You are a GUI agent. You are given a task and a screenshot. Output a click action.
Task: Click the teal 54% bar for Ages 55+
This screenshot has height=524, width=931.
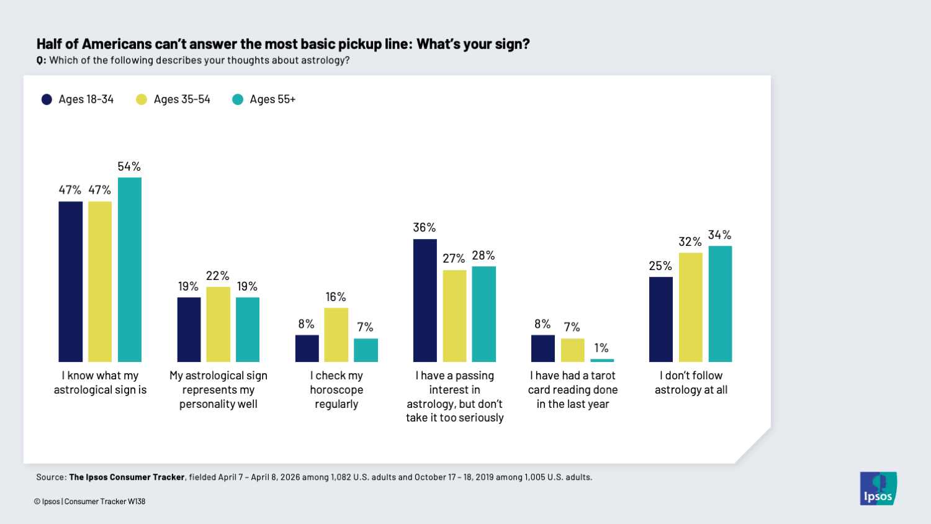point(130,269)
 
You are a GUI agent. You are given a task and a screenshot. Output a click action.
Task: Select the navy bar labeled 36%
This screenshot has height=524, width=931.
point(425,300)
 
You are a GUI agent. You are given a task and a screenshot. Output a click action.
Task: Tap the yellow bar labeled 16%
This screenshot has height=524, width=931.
point(336,335)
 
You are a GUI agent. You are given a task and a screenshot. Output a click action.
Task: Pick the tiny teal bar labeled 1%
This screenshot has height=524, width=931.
point(602,360)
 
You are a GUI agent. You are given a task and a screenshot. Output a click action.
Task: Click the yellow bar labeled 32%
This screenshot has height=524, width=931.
point(690,307)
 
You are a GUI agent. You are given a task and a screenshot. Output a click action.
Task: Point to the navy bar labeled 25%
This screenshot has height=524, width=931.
point(660,319)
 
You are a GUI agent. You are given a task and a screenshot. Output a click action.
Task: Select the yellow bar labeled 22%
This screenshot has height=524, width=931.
point(218,324)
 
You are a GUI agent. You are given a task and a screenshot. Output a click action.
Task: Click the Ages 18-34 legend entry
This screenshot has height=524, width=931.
point(78,99)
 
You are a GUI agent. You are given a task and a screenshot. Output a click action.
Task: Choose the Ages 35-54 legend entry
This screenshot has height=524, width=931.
point(173,99)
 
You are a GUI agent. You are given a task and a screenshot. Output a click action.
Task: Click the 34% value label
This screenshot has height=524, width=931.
point(719,235)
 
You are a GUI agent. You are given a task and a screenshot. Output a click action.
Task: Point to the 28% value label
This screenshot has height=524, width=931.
point(483,255)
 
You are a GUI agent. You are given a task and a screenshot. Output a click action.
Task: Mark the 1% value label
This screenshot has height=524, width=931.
point(601,348)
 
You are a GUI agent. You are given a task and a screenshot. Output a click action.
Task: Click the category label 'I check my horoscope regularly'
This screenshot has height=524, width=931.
point(336,390)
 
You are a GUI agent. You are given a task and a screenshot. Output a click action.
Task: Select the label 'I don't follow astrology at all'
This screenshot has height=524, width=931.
point(691,382)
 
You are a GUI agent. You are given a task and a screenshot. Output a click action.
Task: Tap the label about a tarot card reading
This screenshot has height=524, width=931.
point(572,390)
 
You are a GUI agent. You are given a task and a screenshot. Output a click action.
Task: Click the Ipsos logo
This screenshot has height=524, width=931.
point(878,488)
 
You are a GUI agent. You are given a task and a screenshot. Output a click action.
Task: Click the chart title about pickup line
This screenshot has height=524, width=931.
point(283,44)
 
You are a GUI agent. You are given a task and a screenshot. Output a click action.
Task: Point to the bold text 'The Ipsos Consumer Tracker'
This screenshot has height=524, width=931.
point(127,477)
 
